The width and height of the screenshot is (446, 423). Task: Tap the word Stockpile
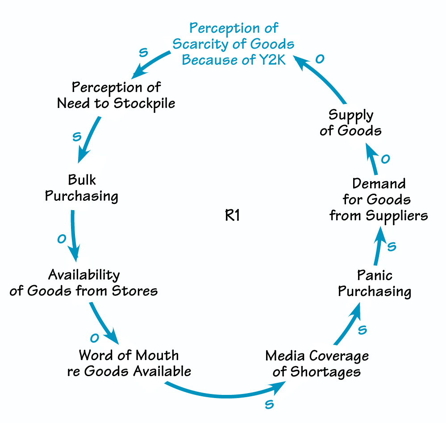[x=144, y=103]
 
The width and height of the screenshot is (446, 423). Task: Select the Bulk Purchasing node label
[x=82, y=188]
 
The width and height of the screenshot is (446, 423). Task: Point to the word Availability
[x=84, y=274]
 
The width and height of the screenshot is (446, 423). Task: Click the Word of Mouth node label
[x=129, y=363]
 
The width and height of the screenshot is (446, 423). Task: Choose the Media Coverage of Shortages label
[x=317, y=363]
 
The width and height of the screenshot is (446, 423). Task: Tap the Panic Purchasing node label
[x=374, y=283]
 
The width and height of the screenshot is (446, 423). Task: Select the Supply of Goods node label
[x=351, y=123]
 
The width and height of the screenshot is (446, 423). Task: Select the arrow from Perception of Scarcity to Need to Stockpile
[x=152, y=62]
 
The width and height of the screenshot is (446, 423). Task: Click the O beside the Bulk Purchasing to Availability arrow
[x=62, y=239]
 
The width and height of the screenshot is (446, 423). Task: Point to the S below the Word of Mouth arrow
[x=269, y=404]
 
